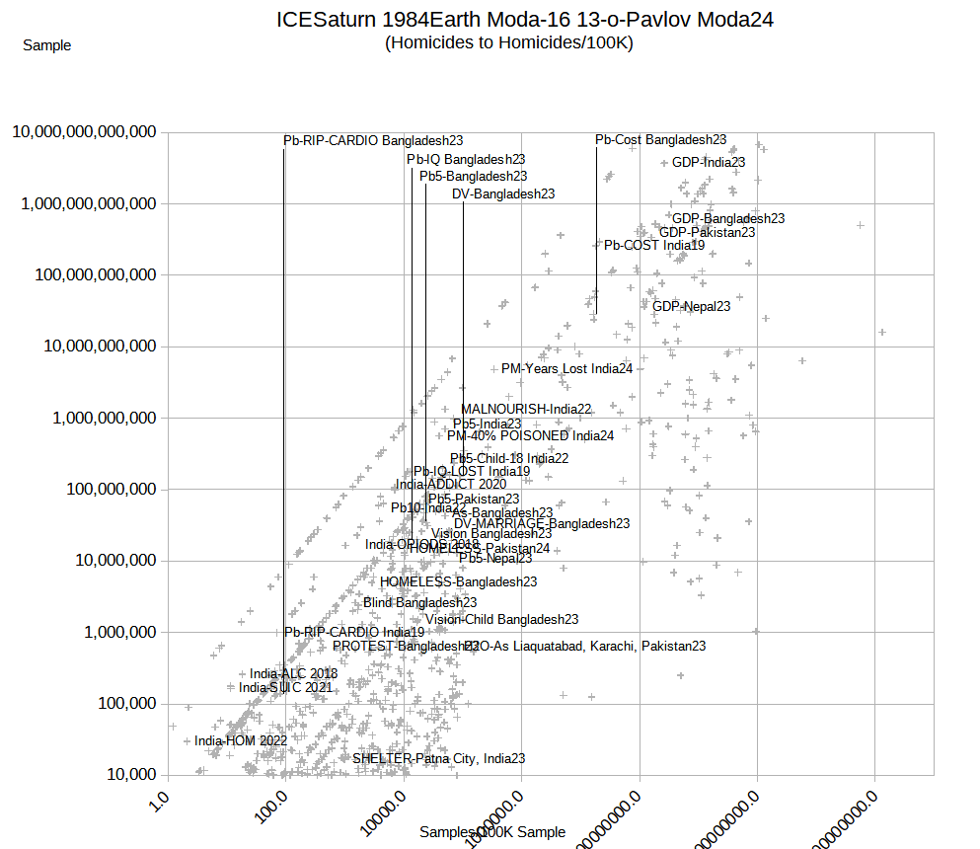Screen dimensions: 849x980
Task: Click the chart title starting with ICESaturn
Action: (525, 20)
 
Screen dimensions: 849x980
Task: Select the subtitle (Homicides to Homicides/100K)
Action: (509, 42)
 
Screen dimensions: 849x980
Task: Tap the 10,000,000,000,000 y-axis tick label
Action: (85, 131)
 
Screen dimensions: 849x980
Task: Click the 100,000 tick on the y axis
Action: (119, 703)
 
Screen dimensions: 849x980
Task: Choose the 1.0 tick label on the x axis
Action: (158, 796)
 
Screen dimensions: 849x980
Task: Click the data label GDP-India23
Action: (709, 162)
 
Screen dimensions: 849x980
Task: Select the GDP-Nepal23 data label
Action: (691, 307)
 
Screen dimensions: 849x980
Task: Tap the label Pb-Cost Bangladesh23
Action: (661, 140)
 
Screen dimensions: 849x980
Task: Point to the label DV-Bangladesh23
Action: (503, 194)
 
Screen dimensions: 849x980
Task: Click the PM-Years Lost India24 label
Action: (566, 369)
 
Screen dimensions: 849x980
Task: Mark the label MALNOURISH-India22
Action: (526, 409)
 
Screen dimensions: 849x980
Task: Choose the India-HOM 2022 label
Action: (241, 740)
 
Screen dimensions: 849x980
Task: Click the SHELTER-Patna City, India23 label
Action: (438, 759)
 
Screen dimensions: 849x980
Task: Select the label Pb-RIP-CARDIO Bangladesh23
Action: (373, 141)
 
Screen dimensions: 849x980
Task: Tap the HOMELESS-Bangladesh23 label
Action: (458, 582)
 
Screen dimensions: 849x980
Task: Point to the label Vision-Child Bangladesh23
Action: (501, 620)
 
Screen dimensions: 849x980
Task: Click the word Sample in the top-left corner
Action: (46, 45)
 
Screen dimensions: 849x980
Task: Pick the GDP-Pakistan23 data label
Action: (707, 233)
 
